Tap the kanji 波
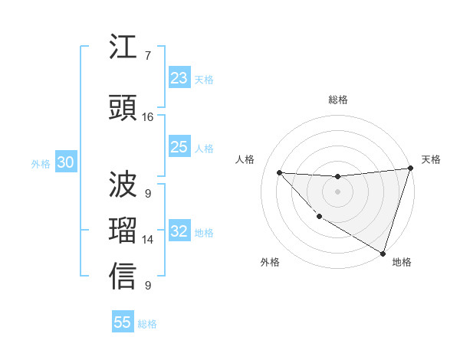click(123, 185)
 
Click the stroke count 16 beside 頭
click(148, 117)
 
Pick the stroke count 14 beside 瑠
click(148, 240)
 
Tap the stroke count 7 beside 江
click(148, 56)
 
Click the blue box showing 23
click(179, 78)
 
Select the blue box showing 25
click(179, 147)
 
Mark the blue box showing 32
click(179, 231)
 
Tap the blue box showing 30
click(65, 162)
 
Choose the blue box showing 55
click(123, 322)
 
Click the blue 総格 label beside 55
click(147, 324)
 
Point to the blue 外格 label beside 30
click(41, 163)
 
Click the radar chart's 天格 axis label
click(431, 159)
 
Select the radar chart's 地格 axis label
click(402, 262)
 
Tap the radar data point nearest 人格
click(279, 172)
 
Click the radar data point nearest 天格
click(410, 169)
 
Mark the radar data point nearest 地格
click(383, 254)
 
